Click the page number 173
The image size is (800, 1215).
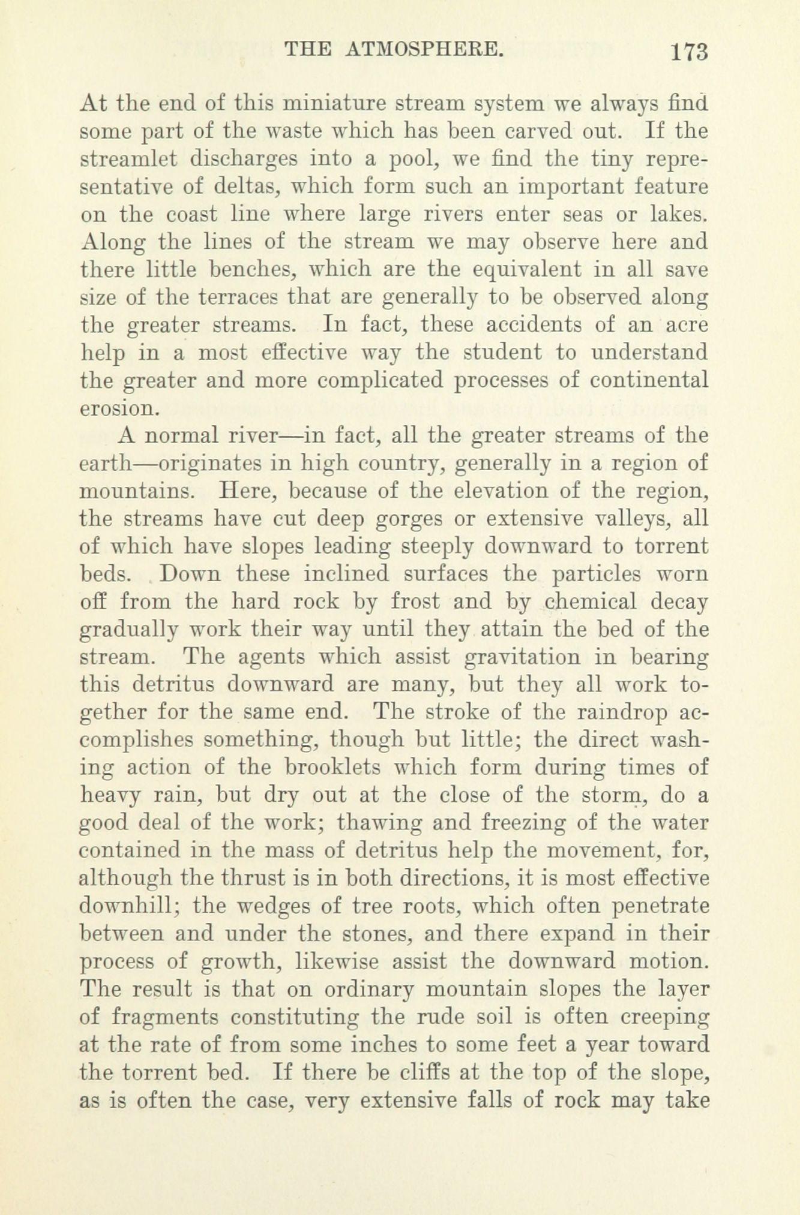(x=690, y=51)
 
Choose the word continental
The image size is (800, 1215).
(x=648, y=380)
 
